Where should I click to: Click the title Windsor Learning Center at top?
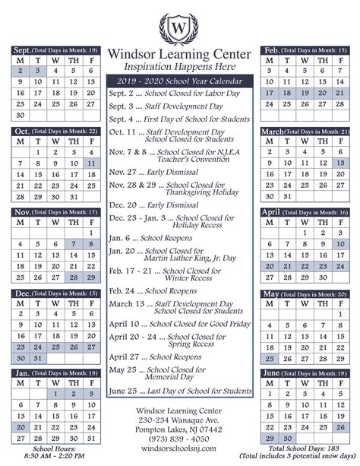click(180, 55)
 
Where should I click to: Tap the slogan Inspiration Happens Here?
click(180, 67)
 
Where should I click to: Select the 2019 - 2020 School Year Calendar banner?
click(180, 81)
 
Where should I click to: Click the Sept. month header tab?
click(22, 50)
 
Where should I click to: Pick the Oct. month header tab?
click(22, 131)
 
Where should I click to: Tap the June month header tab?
click(273, 373)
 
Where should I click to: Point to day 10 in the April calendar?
click(339, 244)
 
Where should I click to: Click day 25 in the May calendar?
click(270, 336)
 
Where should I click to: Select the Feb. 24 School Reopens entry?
click(152, 290)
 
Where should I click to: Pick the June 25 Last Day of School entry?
click(180, 391)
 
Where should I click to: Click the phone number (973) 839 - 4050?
click(179, 439)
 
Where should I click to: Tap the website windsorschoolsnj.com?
click(179, 449)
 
